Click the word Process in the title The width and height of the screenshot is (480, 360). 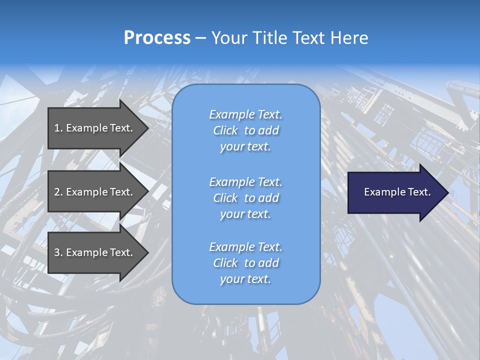pos(157,38)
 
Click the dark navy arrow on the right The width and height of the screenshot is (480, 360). pos(395,192)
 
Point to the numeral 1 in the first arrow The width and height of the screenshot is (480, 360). pos(57,128)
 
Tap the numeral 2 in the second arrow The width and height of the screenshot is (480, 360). pos(57,192)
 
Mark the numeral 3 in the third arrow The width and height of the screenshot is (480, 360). pos(57,252)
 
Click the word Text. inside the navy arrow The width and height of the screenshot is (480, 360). pos(419,192)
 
